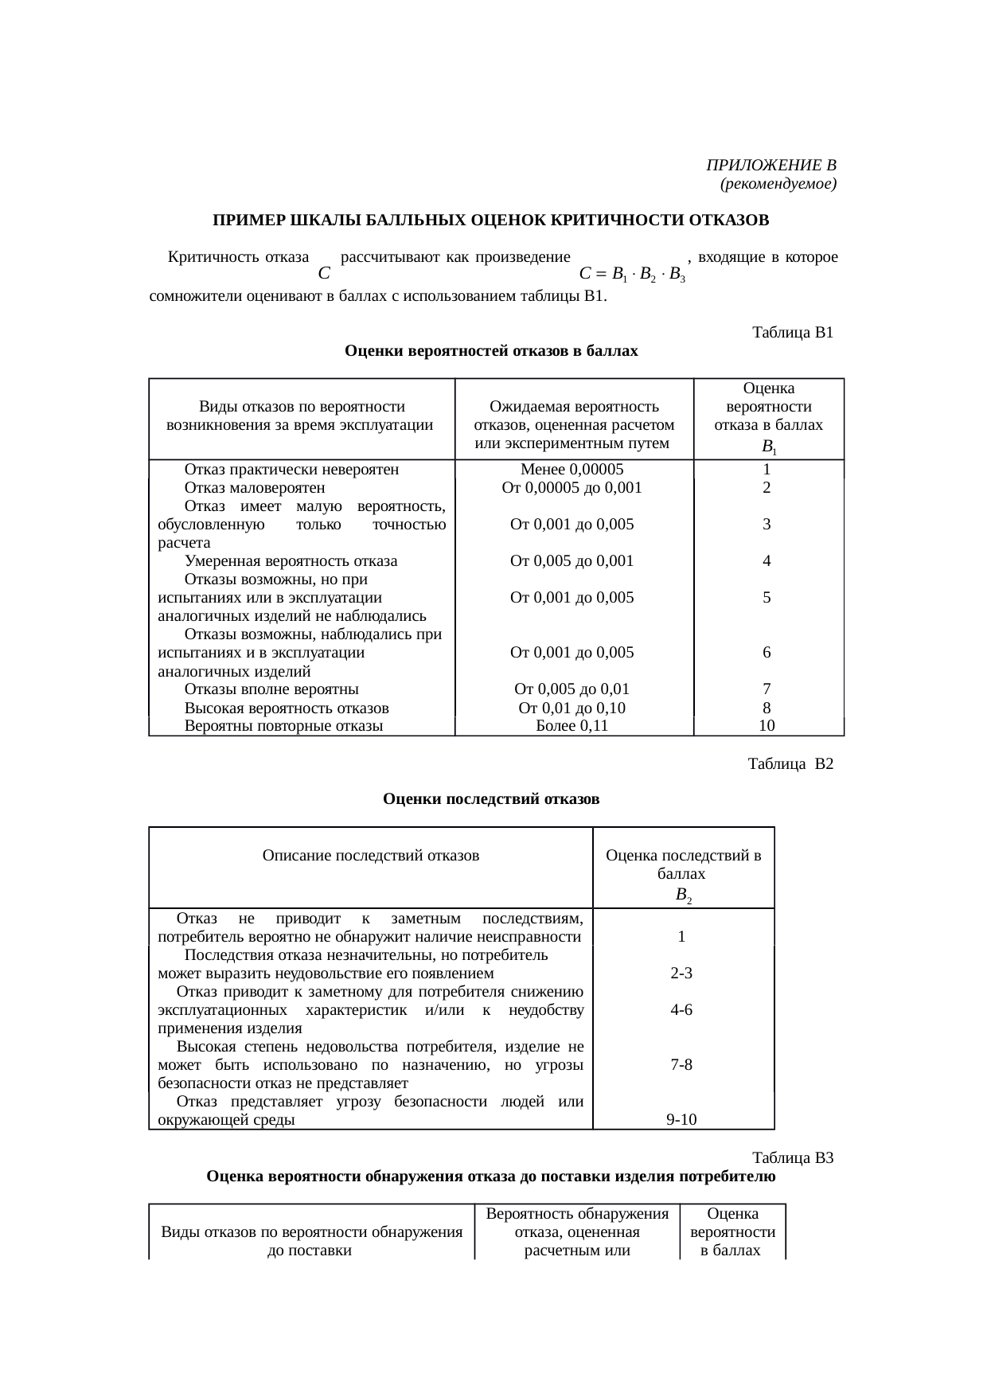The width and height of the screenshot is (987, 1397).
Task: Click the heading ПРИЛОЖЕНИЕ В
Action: pyautogui.click(x=770, y=166)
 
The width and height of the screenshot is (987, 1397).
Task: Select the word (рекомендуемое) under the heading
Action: pyautogui.click(x=777, y=184)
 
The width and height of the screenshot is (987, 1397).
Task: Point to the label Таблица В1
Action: pyautogui.click(x=792, y=333)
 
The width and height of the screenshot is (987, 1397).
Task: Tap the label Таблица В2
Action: pyautogui.click(x=790, y=764)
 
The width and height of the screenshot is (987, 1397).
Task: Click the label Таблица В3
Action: pyautogui.click(x=792, y=1158)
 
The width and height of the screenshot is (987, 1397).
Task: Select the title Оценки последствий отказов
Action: pyautogui.click(x=491, y=798)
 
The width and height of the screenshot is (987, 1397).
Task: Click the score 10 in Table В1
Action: pyautogui.click(x=767, y=725)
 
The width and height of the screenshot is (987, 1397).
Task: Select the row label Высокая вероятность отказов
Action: pyautogui.click(x=287, y=708)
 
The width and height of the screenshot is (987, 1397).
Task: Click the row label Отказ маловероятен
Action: pyautogui.click(x=255, y=487)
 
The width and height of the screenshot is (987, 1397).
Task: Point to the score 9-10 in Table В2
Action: pyautogui.click(x=681, y=1120)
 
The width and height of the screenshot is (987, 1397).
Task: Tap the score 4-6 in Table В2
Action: pyautogui.click(x=681, y=1010)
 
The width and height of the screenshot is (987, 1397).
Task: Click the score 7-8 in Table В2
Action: pyautogui.click(x=681, y=1064)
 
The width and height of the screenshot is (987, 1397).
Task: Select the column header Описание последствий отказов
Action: pyautogui.click(x=370, y=856)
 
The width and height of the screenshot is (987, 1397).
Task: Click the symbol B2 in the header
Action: pyautogui.click(x=682, y=895)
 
